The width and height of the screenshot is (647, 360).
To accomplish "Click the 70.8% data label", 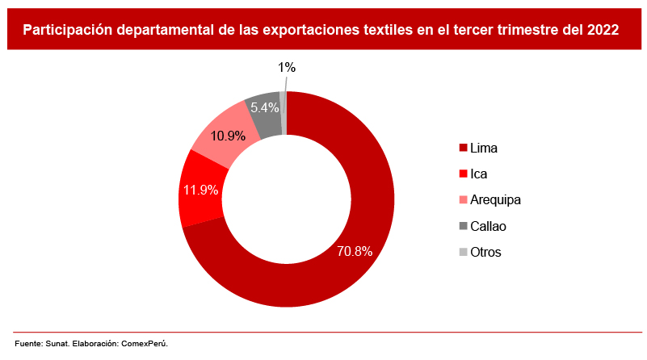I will (355, 251).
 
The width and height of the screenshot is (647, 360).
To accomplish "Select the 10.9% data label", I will (228, 136).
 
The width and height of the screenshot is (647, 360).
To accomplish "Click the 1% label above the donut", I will (287, 68).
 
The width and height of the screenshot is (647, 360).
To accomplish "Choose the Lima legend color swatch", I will (463, 148).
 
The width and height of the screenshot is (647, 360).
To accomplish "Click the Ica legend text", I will (478, 174).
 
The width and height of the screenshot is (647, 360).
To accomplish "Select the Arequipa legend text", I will (495, 199).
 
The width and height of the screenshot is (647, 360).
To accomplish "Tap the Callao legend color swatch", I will (463, 226).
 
